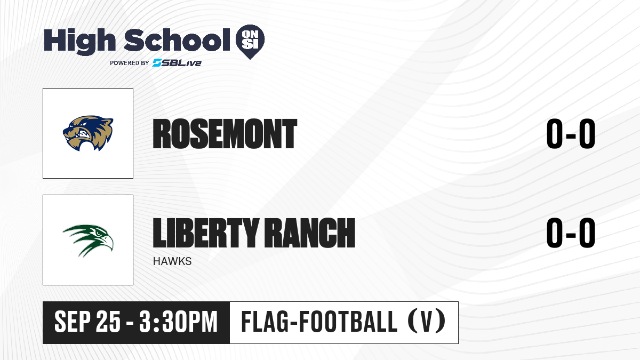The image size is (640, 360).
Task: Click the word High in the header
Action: coord(79,42)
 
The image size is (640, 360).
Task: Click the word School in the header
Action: coord(177,40)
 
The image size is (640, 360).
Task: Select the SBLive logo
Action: coord(177,62)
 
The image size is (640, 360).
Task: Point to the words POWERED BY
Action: coord(130,63)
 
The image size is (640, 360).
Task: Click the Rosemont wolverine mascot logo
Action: coord(88,133)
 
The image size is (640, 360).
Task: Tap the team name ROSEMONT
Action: coord(225,134)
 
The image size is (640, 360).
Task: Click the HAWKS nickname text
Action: coord(172,261)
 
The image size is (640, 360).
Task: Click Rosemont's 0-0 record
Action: coord(571,134)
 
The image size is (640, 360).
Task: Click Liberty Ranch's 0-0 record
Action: coord(571,233)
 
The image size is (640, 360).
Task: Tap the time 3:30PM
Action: coord(179,322)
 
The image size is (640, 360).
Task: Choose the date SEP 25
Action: coord(87,322)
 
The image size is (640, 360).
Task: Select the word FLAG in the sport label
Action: coord(265,322)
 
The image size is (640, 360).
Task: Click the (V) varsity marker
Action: coord(426,322)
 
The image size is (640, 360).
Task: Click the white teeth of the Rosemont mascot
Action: coord(85,134)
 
